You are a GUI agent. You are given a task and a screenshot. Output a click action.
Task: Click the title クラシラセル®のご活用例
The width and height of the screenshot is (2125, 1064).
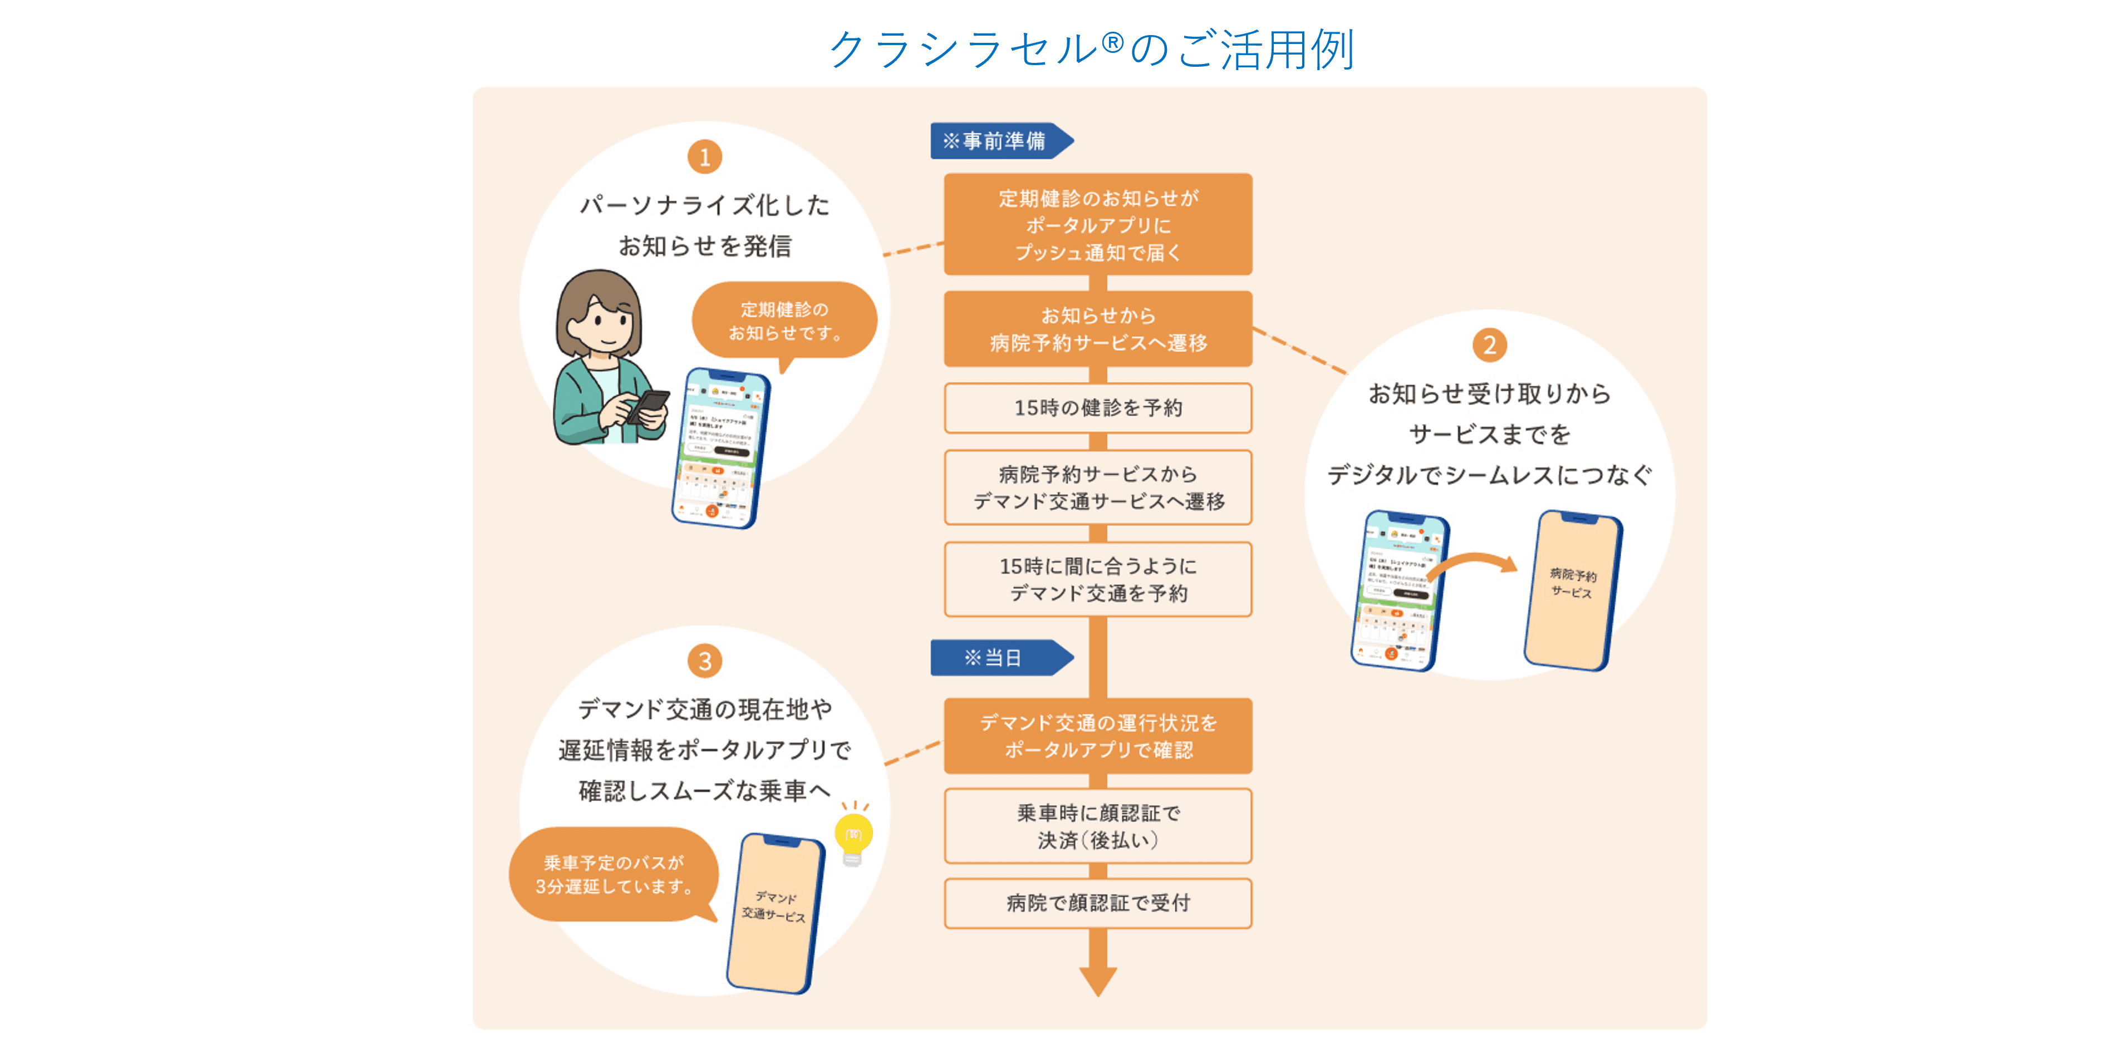1091,50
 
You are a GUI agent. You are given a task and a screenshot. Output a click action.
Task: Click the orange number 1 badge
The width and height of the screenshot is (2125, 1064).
704,157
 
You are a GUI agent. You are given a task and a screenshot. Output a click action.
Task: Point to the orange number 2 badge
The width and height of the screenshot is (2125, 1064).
1489,345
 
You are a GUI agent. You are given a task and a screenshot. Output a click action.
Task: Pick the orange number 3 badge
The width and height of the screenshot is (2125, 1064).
704,661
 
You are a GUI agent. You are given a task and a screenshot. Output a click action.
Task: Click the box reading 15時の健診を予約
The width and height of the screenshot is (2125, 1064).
1098,407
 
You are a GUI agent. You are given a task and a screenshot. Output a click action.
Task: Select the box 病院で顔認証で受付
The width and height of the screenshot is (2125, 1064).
1098,903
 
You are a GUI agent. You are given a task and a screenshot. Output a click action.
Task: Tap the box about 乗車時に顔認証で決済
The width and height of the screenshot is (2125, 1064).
1098,826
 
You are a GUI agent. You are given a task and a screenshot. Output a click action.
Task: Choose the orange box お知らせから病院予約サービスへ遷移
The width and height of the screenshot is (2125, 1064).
1098,328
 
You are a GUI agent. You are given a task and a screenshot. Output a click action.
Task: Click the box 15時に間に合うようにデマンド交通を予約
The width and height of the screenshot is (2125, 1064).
1098,579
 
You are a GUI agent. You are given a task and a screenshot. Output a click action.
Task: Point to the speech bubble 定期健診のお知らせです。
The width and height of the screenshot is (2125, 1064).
784,321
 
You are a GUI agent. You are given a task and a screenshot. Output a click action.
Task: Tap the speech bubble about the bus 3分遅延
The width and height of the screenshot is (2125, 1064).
613,874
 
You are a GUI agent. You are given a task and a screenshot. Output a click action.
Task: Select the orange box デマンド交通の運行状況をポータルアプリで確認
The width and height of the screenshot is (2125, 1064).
1098,736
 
